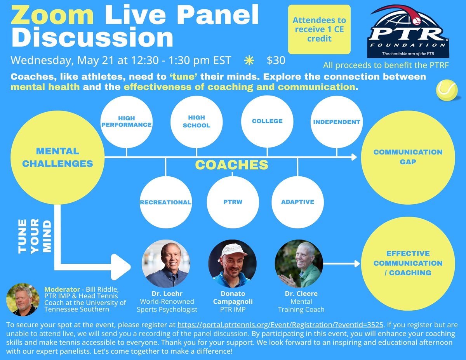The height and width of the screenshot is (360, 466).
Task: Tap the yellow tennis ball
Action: [x=447, y=90]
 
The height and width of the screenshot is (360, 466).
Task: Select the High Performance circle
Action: [x=127, y=122]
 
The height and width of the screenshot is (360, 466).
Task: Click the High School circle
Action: [x=196, y=122]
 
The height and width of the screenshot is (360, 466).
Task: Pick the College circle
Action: [x=267, y=122]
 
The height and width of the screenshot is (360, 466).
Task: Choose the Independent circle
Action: [x=337, y=122]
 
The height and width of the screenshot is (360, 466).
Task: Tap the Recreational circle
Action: [x=166, y=202]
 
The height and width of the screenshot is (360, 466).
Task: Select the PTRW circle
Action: [x=233, y=202]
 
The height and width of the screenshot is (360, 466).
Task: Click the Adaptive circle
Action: [x=297, y=202]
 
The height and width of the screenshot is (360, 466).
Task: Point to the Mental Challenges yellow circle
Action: [x=57, y=157]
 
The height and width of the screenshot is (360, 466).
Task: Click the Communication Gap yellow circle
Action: [x=408, y=157]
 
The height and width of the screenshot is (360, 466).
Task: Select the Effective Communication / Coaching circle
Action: [x=408, y=263]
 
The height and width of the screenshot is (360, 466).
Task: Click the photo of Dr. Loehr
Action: [x=166, y=263]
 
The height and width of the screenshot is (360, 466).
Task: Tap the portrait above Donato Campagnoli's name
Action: [x=232, y=263]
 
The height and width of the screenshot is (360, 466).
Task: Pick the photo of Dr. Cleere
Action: [x=299, y=263]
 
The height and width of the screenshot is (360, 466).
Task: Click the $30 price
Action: [x=276, y=61]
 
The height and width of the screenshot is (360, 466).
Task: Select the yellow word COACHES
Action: [x=232, y=165]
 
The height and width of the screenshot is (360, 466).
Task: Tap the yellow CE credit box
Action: [x=319, y=30]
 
